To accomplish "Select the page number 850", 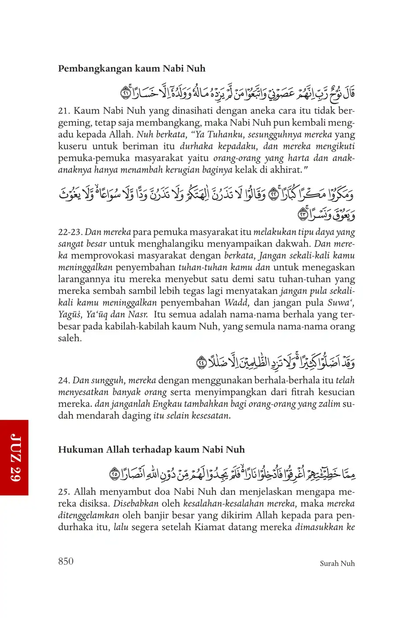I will click(x=66, y=561).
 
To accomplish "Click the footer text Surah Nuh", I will click(x=337, y=563).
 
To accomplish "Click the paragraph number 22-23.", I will click(x=70, y=232).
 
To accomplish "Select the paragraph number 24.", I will click(x=64, y=381).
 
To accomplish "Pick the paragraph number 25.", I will click(x=64, y=492).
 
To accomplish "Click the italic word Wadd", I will click(x=236, y=303).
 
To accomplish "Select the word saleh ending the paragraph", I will click(x=69, y=338).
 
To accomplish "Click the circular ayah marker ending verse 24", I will click(x=201, y=362).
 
